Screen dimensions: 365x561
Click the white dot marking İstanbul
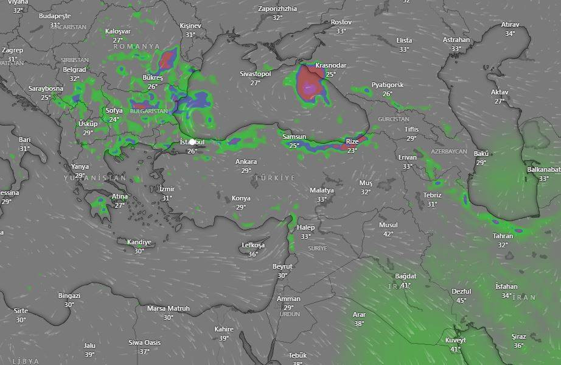[192, 142]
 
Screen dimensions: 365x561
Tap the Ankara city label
[246, 162]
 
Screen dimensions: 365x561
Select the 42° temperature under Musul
[388, 233]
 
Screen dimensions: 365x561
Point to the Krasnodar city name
[330, 66]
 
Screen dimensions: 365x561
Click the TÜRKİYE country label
[274, 177]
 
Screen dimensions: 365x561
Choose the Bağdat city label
[405, 277]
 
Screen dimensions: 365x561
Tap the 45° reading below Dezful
[461, 300]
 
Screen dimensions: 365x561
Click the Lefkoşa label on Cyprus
[253, 246]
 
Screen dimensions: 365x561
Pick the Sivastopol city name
[255, 74]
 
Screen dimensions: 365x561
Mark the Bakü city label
[481, 154]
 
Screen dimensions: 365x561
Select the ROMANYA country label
[136, 46]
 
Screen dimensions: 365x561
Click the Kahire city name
[224, 330]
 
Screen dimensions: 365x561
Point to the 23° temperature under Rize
[352, 150]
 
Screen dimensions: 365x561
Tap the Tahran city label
[503, 236]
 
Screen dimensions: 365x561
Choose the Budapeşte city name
[55, 16]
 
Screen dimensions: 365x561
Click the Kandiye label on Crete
[139, 243]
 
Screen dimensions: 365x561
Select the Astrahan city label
[456, 40]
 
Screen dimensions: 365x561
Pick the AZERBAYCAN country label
[448, 151]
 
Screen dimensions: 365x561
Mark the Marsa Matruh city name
[169, 309]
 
